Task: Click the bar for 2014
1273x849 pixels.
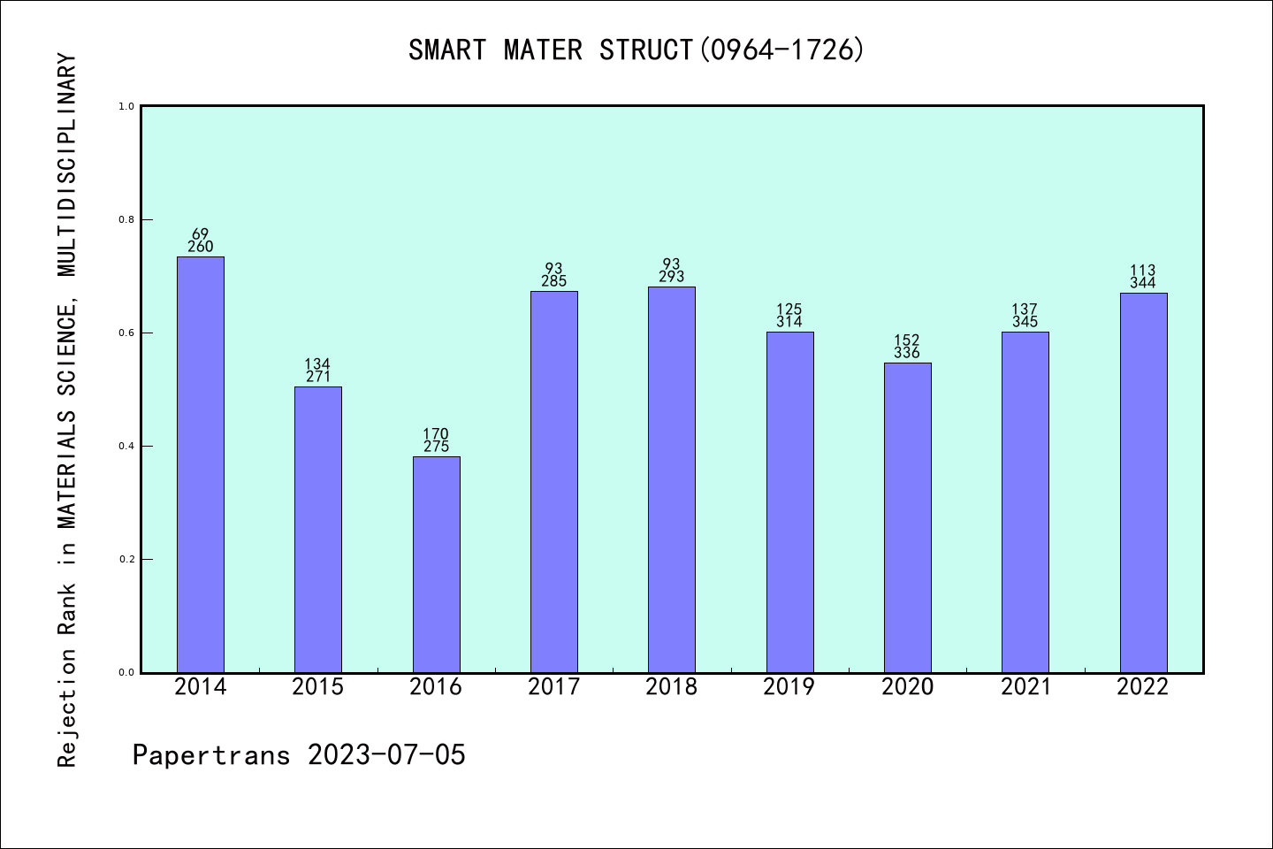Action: click(x=201, y=464)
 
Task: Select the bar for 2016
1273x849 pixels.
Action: click(x=436, y=564)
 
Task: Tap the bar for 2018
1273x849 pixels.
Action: click(x=672, y=479)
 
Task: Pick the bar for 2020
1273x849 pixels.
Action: click(x=907, y=517)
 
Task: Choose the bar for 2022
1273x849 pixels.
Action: click(x=1143, y=482)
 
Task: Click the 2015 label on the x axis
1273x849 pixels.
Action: click(x=318, y=687)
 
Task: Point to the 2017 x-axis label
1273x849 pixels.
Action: click(x=553, y=687)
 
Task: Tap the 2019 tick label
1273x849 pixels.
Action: click(x=789, y=687)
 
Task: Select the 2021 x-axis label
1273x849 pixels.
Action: click(x=1025, y=687)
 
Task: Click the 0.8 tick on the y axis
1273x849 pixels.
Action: click(x=127, y=219)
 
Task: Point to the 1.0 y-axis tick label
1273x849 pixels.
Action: click(x=127, y=106)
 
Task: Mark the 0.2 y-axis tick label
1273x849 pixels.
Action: click(x=127, y=559)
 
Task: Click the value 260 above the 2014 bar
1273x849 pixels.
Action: click(x=201, y=248)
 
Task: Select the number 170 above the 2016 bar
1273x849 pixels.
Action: click(x=436, y=434)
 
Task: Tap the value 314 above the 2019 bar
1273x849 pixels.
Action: click(x=789, y=322)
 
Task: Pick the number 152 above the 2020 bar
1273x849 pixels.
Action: click(x=907, y=340)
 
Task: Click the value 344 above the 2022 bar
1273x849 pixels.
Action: click(x=1143, y=283)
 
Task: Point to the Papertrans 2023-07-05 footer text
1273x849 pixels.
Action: click(x=299, y=755)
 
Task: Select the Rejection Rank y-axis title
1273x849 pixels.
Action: click(x=68, y=410)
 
